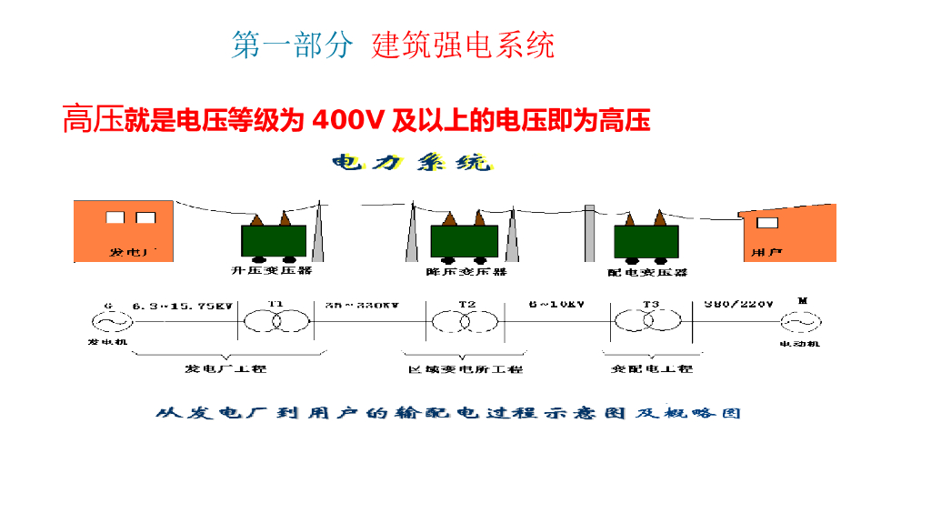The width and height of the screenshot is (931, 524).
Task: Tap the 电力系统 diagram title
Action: click(x=412, y=164)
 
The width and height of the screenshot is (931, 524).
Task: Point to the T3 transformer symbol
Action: click(x=650, y=321)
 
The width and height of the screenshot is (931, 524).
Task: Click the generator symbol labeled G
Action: click(x=108, y=322)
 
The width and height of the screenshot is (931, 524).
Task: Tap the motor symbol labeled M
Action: click(x=800, y=322)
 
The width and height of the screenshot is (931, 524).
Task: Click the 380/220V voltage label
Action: click(x=737, y=304)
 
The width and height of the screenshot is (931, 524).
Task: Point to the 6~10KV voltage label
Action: click(x=556, y=305)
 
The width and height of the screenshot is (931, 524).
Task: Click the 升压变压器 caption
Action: click(x=271, y=270)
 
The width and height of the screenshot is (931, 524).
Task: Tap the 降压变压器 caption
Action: click(x=465, y=271)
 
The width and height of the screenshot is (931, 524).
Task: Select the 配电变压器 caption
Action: click(x=646, y=271)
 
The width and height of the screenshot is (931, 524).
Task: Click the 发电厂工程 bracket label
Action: click(x=225, y=368)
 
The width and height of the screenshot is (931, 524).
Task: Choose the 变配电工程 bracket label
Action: click(x=651, y=368)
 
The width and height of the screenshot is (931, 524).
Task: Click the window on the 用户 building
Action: click(x=767, y=223)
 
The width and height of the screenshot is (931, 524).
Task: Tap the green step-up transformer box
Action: click(x=273, y=240)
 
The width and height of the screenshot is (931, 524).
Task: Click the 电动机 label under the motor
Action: click(x=799, y=344)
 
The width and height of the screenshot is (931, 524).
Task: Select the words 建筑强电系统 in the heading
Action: click(x=463, y=45)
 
